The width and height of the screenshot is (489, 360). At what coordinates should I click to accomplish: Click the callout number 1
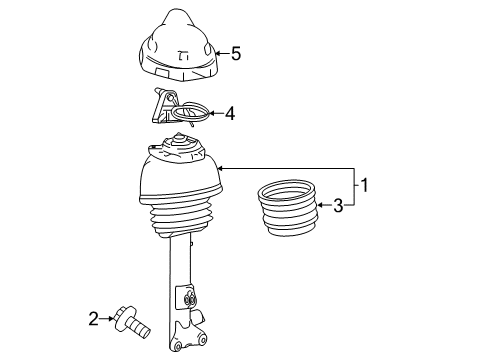[365, 185]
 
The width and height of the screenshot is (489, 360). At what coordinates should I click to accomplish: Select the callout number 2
[94, 319]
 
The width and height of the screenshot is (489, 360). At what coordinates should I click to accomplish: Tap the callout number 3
[338, 205]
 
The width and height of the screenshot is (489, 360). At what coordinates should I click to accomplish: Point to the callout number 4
[230, 114]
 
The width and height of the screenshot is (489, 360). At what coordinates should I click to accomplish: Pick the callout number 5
[236, 53]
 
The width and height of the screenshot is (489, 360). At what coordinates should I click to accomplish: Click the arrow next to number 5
[222, 53]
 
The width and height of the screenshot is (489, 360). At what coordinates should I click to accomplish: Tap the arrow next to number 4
[215, 113]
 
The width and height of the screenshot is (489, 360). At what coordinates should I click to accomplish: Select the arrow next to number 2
[107, 319]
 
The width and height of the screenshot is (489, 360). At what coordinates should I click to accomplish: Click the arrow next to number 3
[324, 205]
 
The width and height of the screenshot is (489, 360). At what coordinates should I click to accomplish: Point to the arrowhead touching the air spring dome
[220, 169]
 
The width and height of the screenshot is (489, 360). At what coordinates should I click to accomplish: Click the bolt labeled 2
[131, 323]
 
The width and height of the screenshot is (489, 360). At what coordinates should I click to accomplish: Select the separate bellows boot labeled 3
[287, 208]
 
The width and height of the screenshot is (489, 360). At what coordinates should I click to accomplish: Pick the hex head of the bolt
[124, 318]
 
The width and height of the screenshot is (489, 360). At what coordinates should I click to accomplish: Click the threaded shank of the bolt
[139, 329]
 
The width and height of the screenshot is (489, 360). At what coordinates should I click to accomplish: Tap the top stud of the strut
[179, 137]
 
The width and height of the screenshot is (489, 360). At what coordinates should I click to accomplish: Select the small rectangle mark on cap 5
[161, 73]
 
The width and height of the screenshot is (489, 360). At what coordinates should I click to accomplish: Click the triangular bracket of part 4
[163, 106]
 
